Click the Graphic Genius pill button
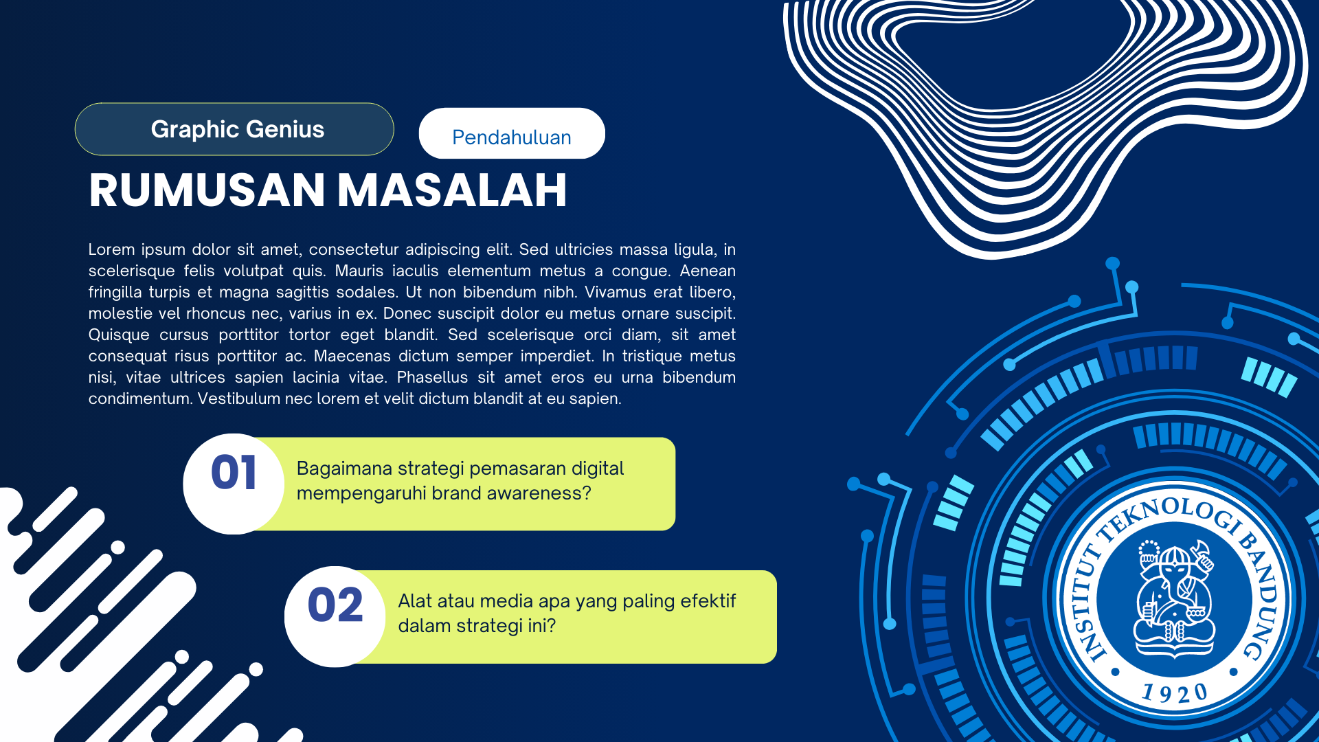point(234,129)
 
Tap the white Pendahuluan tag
point(512,133)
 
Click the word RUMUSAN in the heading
point(207,190)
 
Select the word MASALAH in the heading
point(453,190)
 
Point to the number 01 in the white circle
point(234,473)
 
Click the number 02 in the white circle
point(335,605)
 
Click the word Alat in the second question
point(415,601)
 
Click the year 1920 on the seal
point(1175,693)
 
